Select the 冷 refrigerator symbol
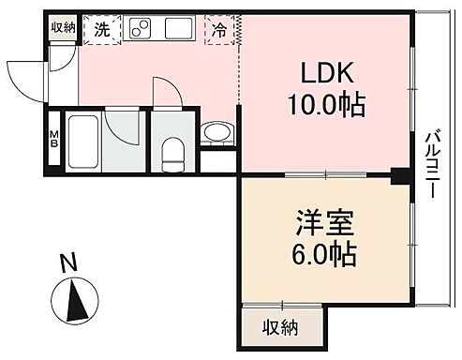click(218, 29)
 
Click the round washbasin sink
click(216, 133)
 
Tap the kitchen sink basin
click(179, 29)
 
